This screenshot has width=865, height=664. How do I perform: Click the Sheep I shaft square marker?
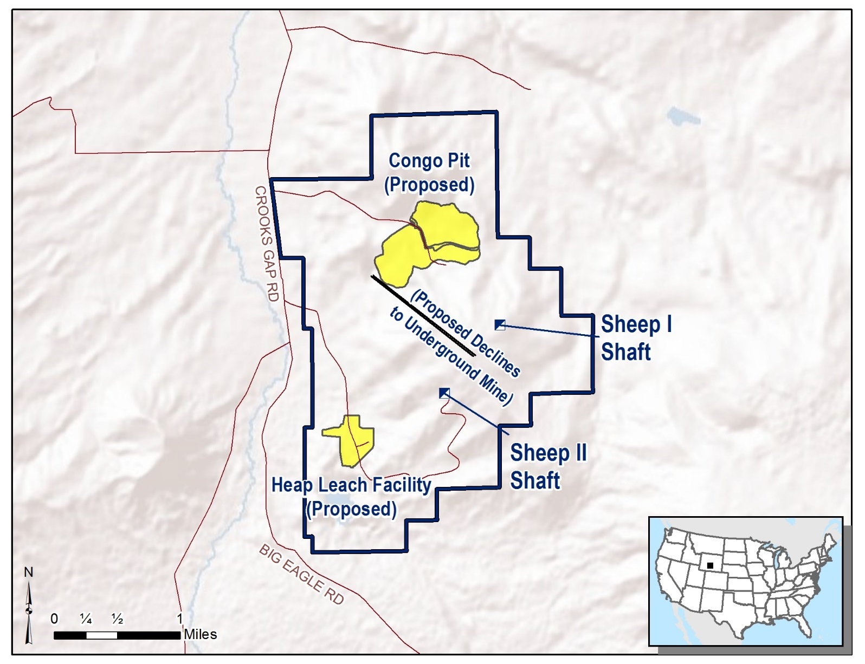(500, 325)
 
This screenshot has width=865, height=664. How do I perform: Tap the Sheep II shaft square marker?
(444, 393)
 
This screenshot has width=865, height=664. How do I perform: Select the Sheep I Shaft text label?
(636, 338)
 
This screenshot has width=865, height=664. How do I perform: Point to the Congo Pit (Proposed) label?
(429, 173)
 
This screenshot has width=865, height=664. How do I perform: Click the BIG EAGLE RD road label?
(301, 574)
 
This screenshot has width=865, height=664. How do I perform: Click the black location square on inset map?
(710, 565)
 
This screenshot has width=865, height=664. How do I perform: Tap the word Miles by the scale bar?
(201, 634)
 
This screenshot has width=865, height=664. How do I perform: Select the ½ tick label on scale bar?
(117, 619)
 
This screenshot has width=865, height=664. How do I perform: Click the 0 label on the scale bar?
(54, 619)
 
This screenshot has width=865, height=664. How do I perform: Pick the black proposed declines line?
(423, 315)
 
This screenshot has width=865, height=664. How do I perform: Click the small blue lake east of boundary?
(683, 116)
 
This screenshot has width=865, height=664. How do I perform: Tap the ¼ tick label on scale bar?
(86, 619)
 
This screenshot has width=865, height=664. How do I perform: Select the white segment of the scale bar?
(101, 635)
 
